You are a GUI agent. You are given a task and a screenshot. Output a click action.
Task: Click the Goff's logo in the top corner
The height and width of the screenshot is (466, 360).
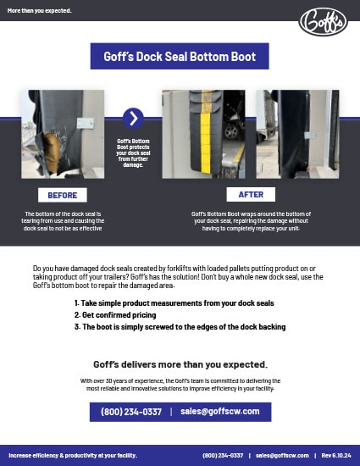(x=323, y=20)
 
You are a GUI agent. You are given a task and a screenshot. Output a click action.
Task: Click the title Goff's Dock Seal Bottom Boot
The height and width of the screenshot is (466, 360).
(x=180, y=56)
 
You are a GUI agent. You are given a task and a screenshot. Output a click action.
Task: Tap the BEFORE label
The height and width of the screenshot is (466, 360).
(x=63, y=195)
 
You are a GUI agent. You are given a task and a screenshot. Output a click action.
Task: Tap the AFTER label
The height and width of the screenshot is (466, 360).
(x=251, y=195)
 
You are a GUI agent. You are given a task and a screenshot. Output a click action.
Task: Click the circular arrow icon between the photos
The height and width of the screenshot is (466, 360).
(x=133, y=119)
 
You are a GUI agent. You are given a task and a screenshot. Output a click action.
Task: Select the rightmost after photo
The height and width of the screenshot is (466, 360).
(x=297, y=134)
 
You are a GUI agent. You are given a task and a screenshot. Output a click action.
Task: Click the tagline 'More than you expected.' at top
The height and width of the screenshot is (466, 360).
(x=39, y=11)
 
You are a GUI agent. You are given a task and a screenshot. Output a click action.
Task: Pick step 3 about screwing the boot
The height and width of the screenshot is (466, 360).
(x=180, y=326)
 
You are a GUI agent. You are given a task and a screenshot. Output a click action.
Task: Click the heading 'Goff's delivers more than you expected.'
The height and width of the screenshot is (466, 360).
(x=180, y=364)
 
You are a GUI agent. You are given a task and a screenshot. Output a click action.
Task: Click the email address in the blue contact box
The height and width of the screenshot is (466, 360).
(x=220, y=412)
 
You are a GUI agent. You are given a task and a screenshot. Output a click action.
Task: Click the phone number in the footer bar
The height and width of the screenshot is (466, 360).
(x=223, y=455)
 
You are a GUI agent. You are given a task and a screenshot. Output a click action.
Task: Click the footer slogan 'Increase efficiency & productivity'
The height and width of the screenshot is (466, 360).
(x=72, y=455)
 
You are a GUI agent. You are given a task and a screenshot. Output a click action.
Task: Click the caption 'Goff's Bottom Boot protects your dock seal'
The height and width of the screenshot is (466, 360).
(x=133, y=153)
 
